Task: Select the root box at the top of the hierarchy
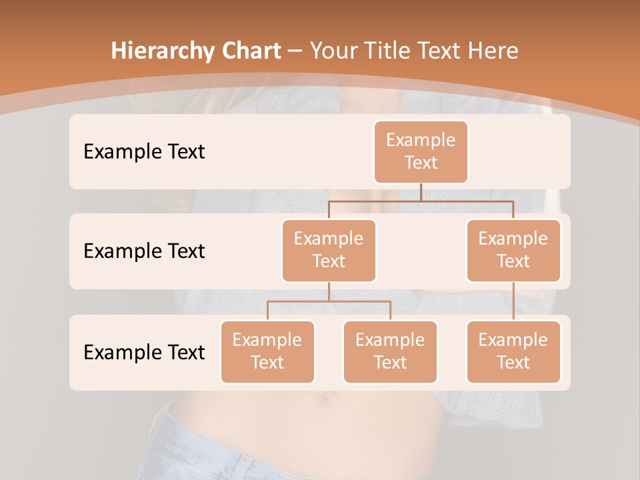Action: point(421,151)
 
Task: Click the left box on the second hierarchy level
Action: point(329,250)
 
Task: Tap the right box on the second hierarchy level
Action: point(513,250)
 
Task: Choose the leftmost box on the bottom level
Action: point(267,351)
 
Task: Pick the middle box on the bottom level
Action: point(390,351)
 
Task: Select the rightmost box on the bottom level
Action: point(513,351)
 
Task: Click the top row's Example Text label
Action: point(144,152)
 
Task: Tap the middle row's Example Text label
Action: point(144,251)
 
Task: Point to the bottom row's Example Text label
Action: point(144,352)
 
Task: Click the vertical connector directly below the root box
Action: point(421,192)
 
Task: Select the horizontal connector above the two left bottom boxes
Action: point(329,301)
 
